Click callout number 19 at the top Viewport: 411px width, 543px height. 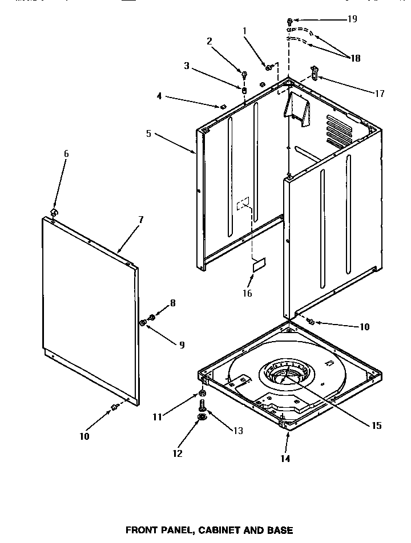(352, 19)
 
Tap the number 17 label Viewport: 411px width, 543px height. (379, 94)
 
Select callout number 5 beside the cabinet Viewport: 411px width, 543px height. (149, 133)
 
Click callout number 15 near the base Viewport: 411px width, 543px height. (375, 426)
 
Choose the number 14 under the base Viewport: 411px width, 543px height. (285, 458)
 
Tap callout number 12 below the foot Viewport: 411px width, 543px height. (178, 453)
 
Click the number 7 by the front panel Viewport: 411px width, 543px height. (140, 220)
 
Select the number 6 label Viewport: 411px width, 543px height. (66, 153)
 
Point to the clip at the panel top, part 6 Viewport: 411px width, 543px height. (54, 212)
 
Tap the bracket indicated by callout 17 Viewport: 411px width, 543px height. (313, 72)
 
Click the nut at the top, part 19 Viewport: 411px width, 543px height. (289, 21)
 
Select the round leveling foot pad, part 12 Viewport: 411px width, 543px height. (203, 418)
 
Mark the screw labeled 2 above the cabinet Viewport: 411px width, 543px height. (244, 74)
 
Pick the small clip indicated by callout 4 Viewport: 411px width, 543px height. (224, 106)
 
